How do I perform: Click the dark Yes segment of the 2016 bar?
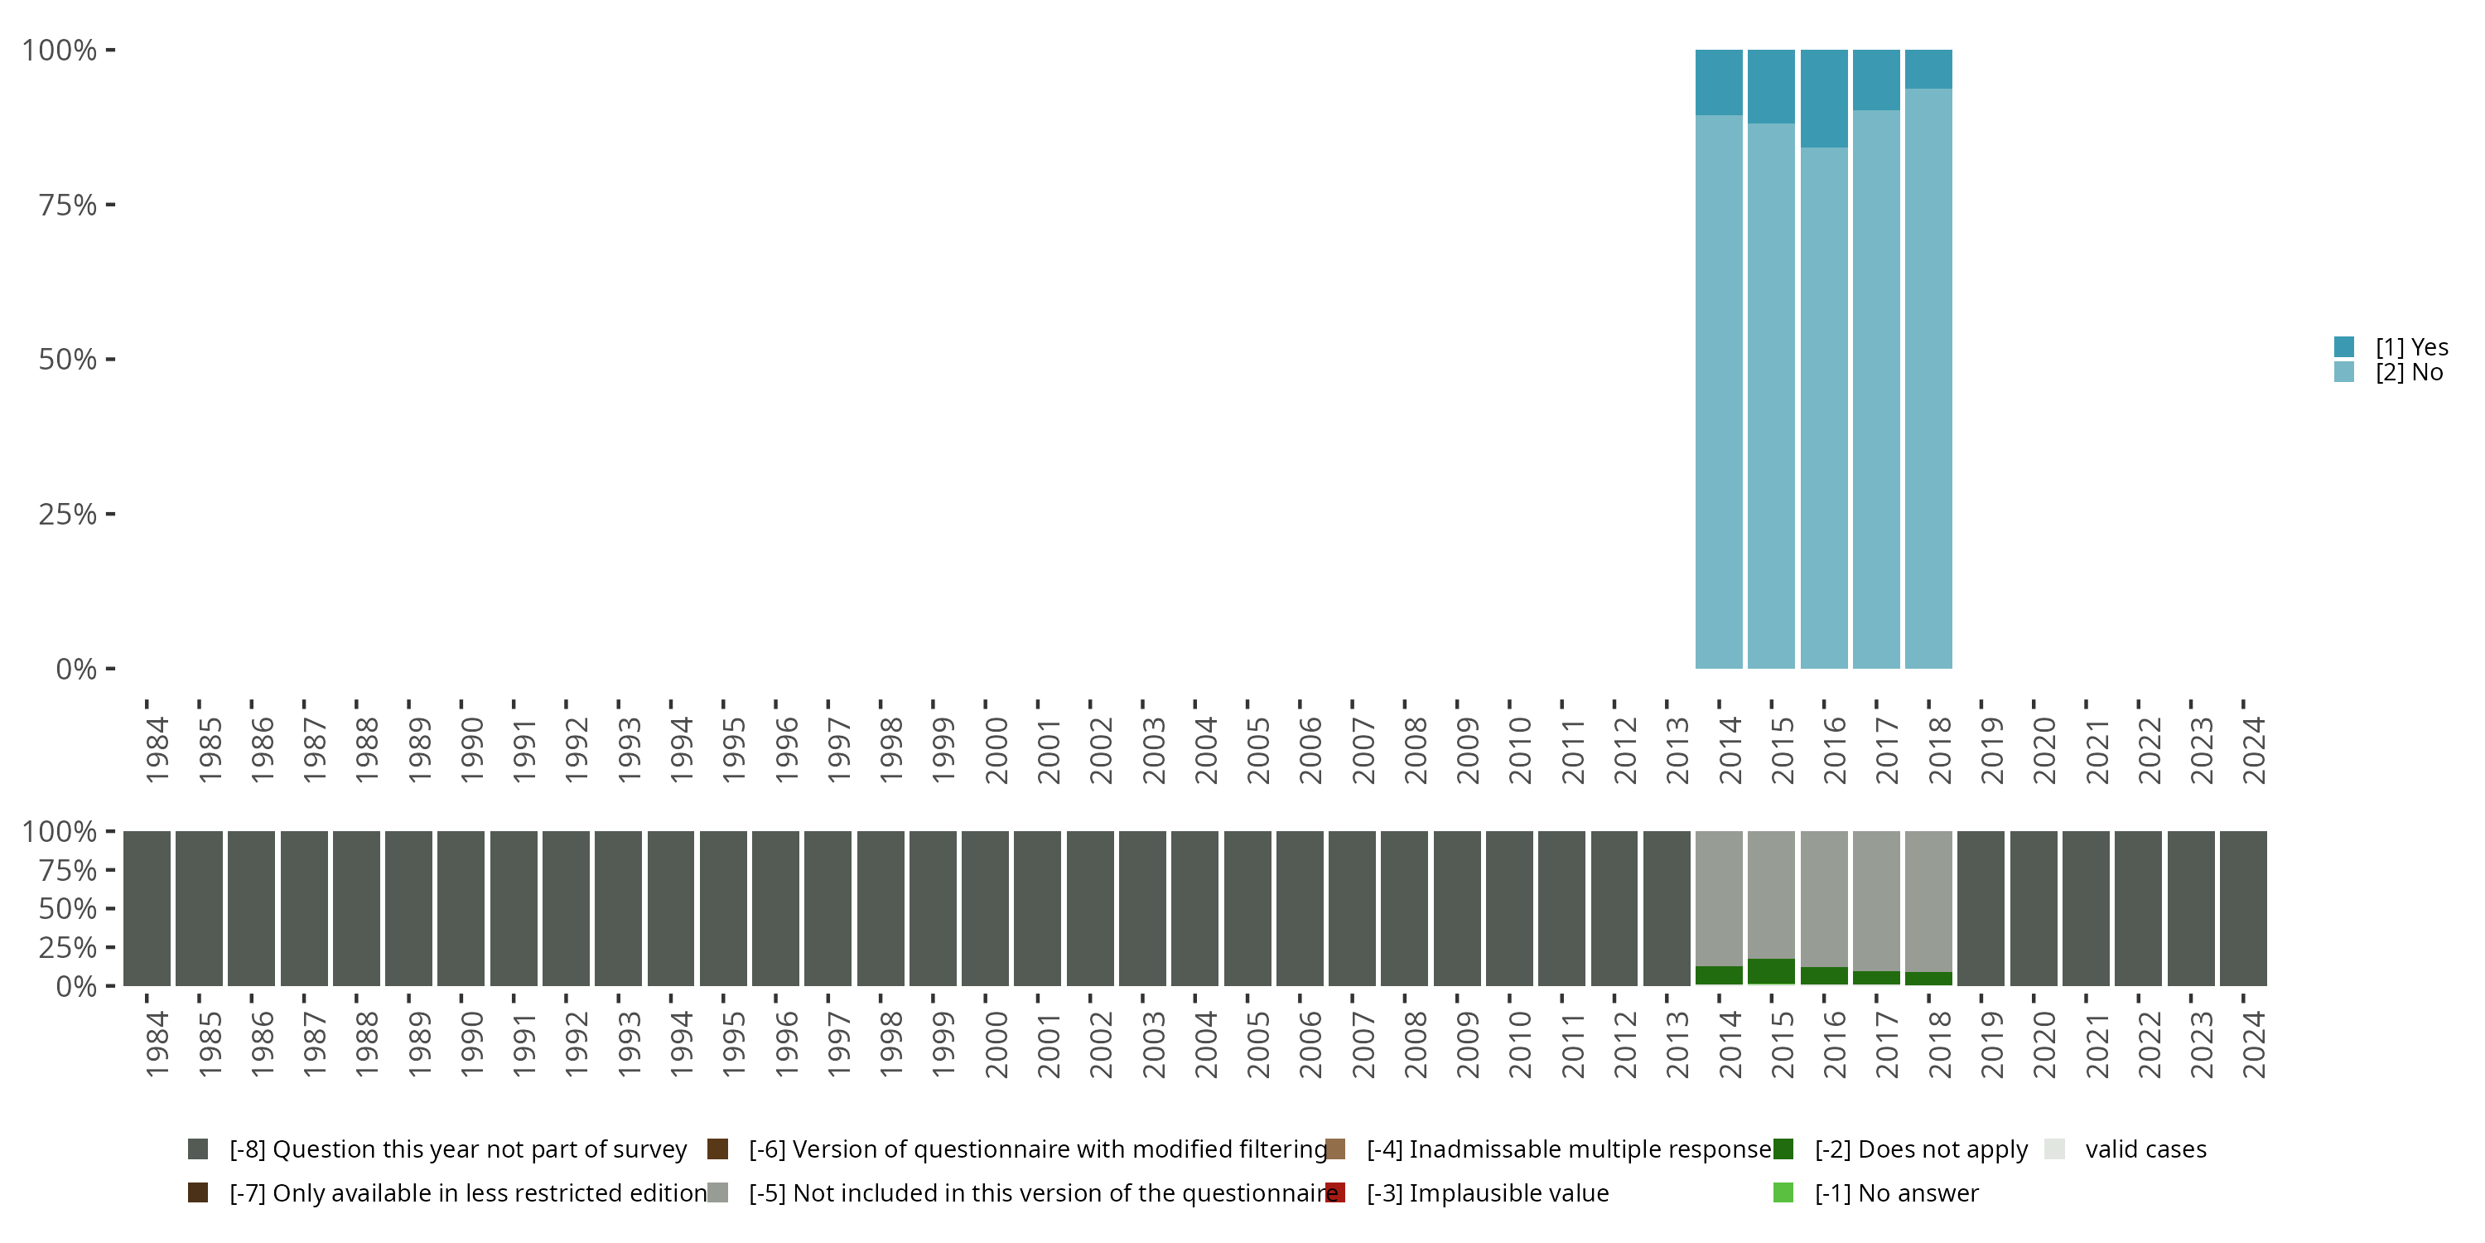click(x=1823, y=98)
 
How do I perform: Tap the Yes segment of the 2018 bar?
click(x=1928, y=69)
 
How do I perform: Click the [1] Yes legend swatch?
click(x=2344, y=346)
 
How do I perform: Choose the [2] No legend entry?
click(x=2408, y=373)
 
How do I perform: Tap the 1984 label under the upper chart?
click(x=157, y=750)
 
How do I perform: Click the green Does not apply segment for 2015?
click(x=1771, y=971)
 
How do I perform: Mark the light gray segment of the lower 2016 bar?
click(x=1823, y=897)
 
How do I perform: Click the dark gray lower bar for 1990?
click(x=461, y=908)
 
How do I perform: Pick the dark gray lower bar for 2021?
click(x=2086, y=908)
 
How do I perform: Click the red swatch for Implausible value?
click(x=1335, y=1192)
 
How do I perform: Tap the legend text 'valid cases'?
click(x=2145, y=1149)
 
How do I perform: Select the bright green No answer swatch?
click(x=1783, y=1192)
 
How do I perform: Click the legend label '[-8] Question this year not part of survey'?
click(x=457, y=1149)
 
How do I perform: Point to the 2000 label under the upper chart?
click(x=996, y=750)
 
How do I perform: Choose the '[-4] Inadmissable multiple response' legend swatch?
click(x=1335, y=1149)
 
